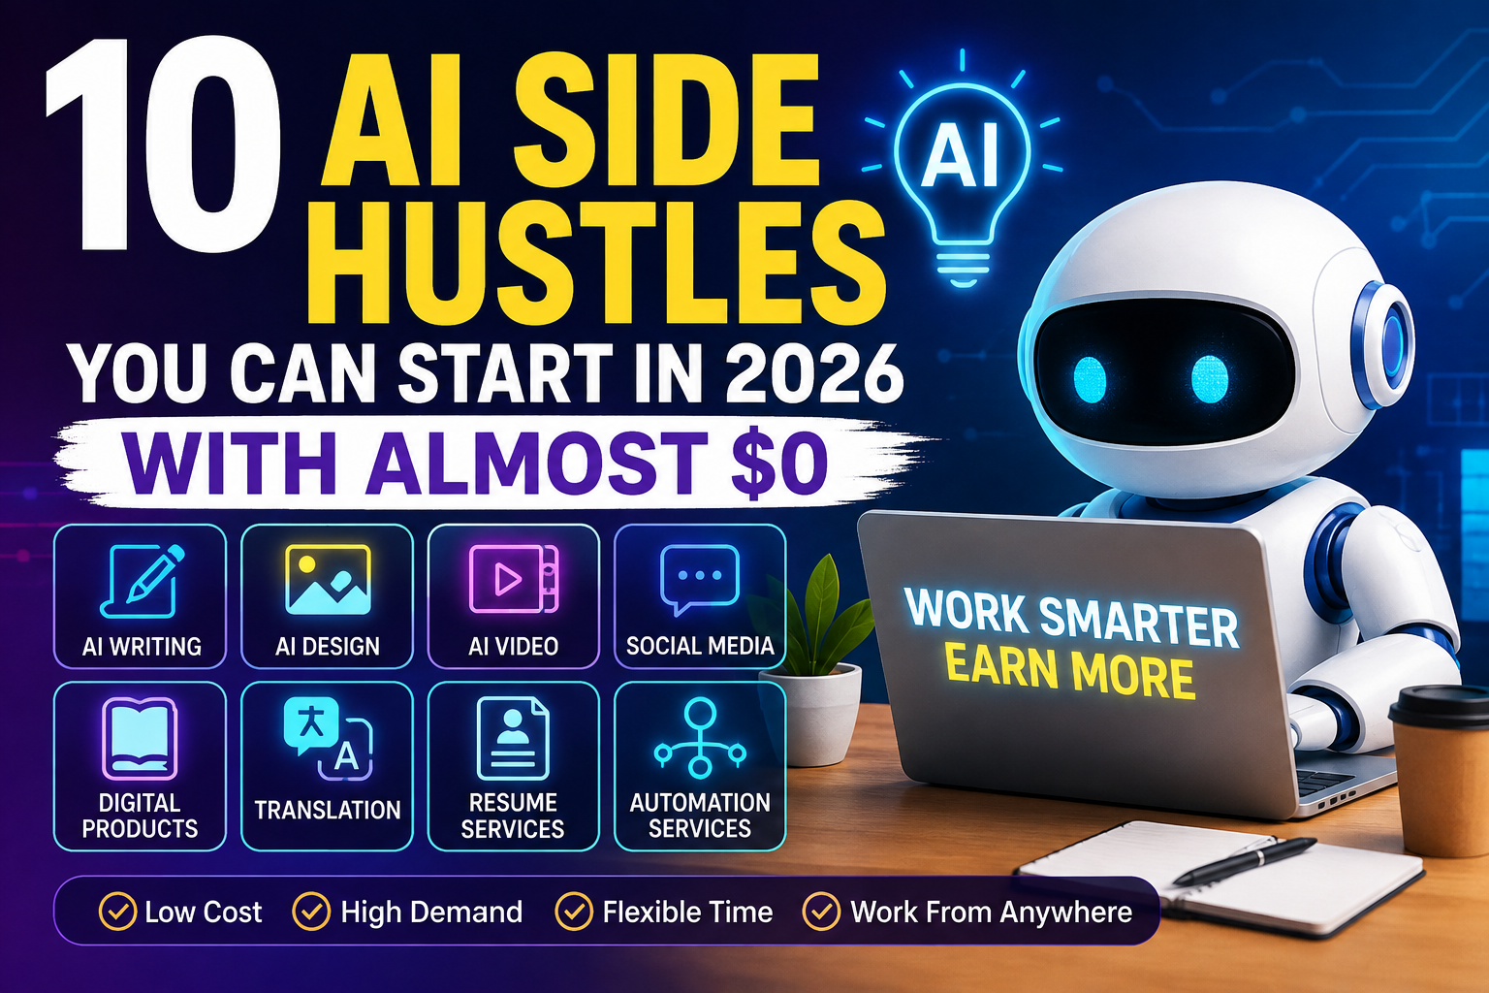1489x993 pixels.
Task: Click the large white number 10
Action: pos(163,145)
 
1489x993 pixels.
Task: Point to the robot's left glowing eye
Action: pos(1091,380)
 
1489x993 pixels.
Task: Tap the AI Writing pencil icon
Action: pos(143,581)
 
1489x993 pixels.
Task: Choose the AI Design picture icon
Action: pos(328,579)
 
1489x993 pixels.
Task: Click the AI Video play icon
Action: pos(513,579)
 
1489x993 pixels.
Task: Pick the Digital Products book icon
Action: pos(140,738)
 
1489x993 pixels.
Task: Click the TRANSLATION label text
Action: pos(328,810)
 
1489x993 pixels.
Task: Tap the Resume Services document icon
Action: pos(513,738)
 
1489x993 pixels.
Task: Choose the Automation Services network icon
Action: pos(699,738)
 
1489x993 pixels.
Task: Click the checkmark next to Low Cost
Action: pos(117,912)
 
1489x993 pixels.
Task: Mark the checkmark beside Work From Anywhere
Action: pos(822,912)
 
